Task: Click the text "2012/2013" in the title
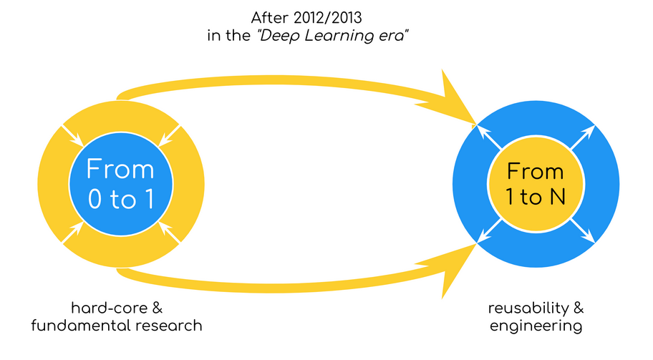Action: click(327, 19)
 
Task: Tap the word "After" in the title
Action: click(269, 19)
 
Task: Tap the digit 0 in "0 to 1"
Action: click(95, 199)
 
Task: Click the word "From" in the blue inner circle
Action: click(120, 169)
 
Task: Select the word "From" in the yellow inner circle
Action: click(535, 172)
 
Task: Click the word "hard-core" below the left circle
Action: click(109, 308)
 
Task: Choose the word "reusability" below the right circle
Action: click(528, 308)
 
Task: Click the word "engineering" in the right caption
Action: click(536, 326)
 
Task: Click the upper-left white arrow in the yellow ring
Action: click(72, 136)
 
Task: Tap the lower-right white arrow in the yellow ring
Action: click(169, 233)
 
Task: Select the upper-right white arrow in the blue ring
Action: click(583, 137)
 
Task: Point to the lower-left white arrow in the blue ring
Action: click(489, 231)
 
